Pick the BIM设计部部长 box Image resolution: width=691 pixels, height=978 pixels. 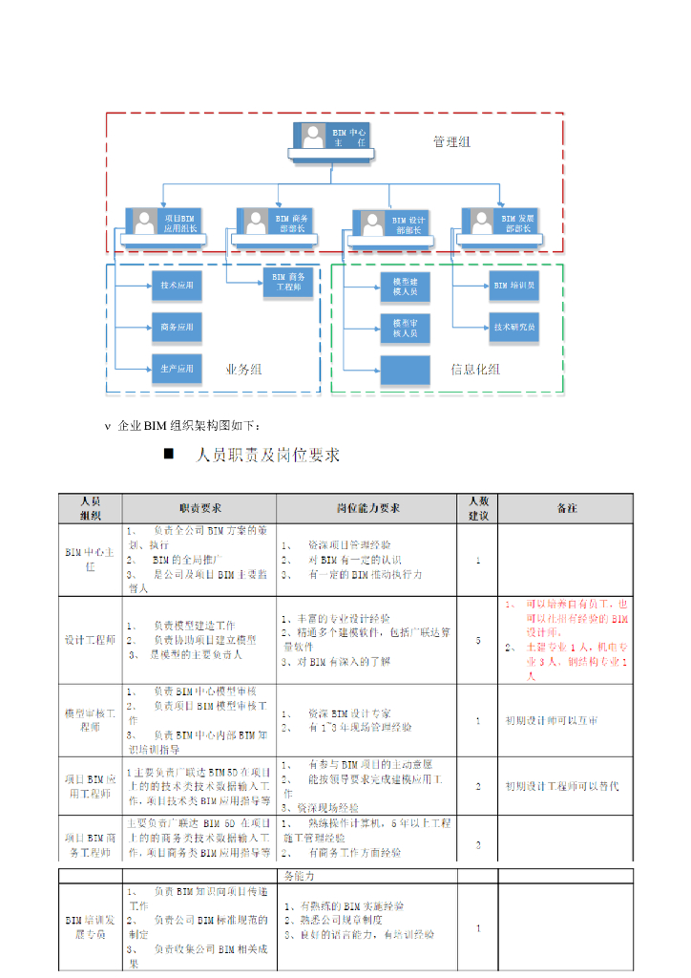(x=389, y=225)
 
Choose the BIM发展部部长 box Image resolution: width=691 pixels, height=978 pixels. (x=499, y=223)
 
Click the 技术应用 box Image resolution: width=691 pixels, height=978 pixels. (x=176, y=285)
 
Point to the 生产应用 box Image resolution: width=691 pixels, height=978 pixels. (x=176, y=368)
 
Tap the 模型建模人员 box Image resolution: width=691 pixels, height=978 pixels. (x=405, y=287)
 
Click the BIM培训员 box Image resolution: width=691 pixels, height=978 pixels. (x=514, y=285)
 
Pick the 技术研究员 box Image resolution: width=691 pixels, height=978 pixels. (x=514, y=327)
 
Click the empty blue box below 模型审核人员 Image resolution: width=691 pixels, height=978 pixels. (x=405, y=370)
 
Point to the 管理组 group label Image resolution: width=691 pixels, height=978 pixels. (x=451, y=142)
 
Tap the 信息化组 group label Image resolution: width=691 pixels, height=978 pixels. (x=475, y=370)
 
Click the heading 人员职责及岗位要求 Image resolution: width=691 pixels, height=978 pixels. (x=267, y=456)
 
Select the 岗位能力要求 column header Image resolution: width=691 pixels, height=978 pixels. (x=368, y=508)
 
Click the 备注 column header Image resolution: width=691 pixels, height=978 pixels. (x=566, y=508)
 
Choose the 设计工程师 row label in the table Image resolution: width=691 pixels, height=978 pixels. (x=90, y=640)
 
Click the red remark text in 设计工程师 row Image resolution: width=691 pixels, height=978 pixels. (x=566, y=640)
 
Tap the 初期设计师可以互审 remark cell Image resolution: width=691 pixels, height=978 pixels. (x=552, y=721)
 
